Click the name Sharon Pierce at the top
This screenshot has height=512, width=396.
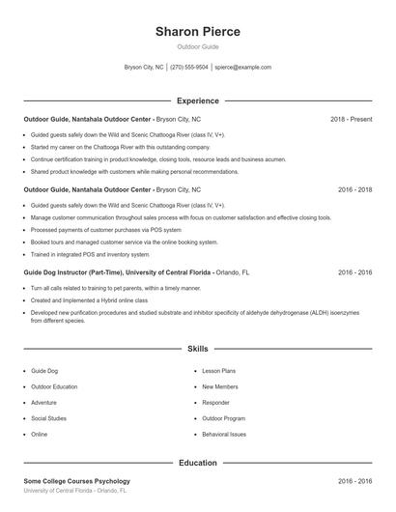[x=197, y=32]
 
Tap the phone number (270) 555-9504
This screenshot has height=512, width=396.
[x=189, y=68]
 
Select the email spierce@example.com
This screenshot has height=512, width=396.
[x=243, y=68]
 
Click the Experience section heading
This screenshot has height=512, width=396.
[x=197, y=100]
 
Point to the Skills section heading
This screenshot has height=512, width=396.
[x=197, y=348]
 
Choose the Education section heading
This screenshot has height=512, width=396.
[x=197, y=463]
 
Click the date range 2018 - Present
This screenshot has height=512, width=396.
[x=351, y=119]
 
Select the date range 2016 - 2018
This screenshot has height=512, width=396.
[x=354, y=190]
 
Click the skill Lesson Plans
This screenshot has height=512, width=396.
[x=218, y=371]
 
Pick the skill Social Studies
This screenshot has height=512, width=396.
[x=48, y=418]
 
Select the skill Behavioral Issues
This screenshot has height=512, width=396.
[x=224, y=435]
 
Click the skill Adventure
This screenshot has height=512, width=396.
[x=43, y=403]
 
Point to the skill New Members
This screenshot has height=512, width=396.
[x=220, y=386]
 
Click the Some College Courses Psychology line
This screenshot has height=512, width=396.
[x=76, y=481]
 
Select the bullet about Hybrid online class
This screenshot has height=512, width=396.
[x=89, y=300]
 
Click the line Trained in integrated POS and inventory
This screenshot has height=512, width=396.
[x=90, y=254]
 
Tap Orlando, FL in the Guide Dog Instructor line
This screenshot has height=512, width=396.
[x=232, y=272]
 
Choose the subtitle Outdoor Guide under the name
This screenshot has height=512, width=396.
[x=197, y=47]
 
